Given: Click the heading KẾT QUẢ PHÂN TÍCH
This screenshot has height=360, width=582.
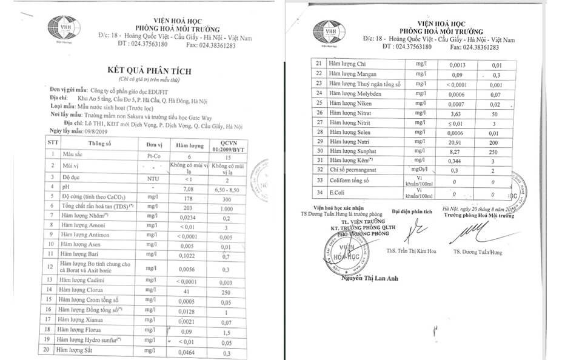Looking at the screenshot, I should click(x=150, y=71).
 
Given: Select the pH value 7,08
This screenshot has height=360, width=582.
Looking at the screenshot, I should click(x=182, y=188).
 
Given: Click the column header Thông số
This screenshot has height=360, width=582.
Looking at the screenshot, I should click(x=99, y=144).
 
